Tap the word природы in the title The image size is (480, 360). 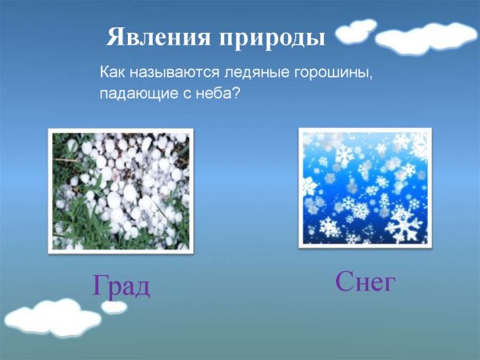click(270, 38)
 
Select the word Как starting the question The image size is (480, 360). click(113, 73)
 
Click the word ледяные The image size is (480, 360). click(255, 74)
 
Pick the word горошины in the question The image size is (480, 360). click(332, 74)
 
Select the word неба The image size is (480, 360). click(214, 94)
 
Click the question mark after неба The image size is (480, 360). click(236, 94)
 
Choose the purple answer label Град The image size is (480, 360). click(121, 286)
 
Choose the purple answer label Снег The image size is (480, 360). click(366, 281)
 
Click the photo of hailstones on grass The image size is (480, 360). click(121, 190)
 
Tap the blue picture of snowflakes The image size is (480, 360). click(365, 187)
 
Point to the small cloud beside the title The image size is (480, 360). click(355, 32)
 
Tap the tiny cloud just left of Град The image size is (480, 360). click(114, 306)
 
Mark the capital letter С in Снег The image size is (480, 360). click(345, 281)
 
